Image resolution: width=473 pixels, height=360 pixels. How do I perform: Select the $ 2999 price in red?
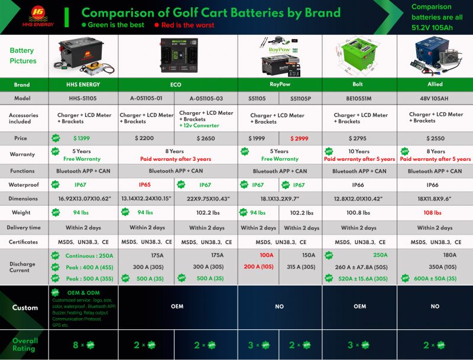pos(300,138)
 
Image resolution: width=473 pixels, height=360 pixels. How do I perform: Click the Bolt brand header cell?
pos(359,85)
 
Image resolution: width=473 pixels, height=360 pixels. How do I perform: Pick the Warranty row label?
pos(23,155)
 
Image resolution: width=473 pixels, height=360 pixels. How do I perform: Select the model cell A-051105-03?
pos(205,98)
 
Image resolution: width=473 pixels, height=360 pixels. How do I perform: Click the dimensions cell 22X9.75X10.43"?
pos(205,199)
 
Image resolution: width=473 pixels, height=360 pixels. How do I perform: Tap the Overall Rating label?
pos(25,345)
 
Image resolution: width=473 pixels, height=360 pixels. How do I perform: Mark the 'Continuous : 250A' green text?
pos(89,255)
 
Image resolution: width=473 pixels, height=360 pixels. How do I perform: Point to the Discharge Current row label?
pos(23,267)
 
